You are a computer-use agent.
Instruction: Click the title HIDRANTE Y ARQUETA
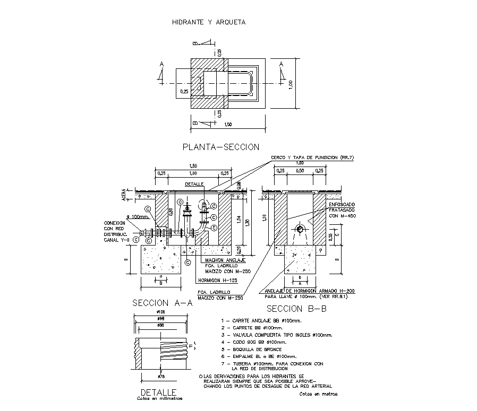[x=209, y=22]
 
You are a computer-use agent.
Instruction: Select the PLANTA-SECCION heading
[x=220, y=147]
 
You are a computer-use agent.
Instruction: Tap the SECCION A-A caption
[x=162, y=303]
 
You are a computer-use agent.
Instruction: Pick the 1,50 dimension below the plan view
[x=228, y=124]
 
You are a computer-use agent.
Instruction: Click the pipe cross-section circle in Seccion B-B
[x=300, y=229]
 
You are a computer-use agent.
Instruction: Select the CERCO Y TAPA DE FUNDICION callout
[x=312, y=158]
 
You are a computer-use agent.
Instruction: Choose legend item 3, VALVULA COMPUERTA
[x=276, y=335]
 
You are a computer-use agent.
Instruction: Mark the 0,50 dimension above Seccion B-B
[x=300, y=171]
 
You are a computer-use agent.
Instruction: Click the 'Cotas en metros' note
[x=318, y=394]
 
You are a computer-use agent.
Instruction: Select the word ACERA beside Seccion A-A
[x=124, y=195]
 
